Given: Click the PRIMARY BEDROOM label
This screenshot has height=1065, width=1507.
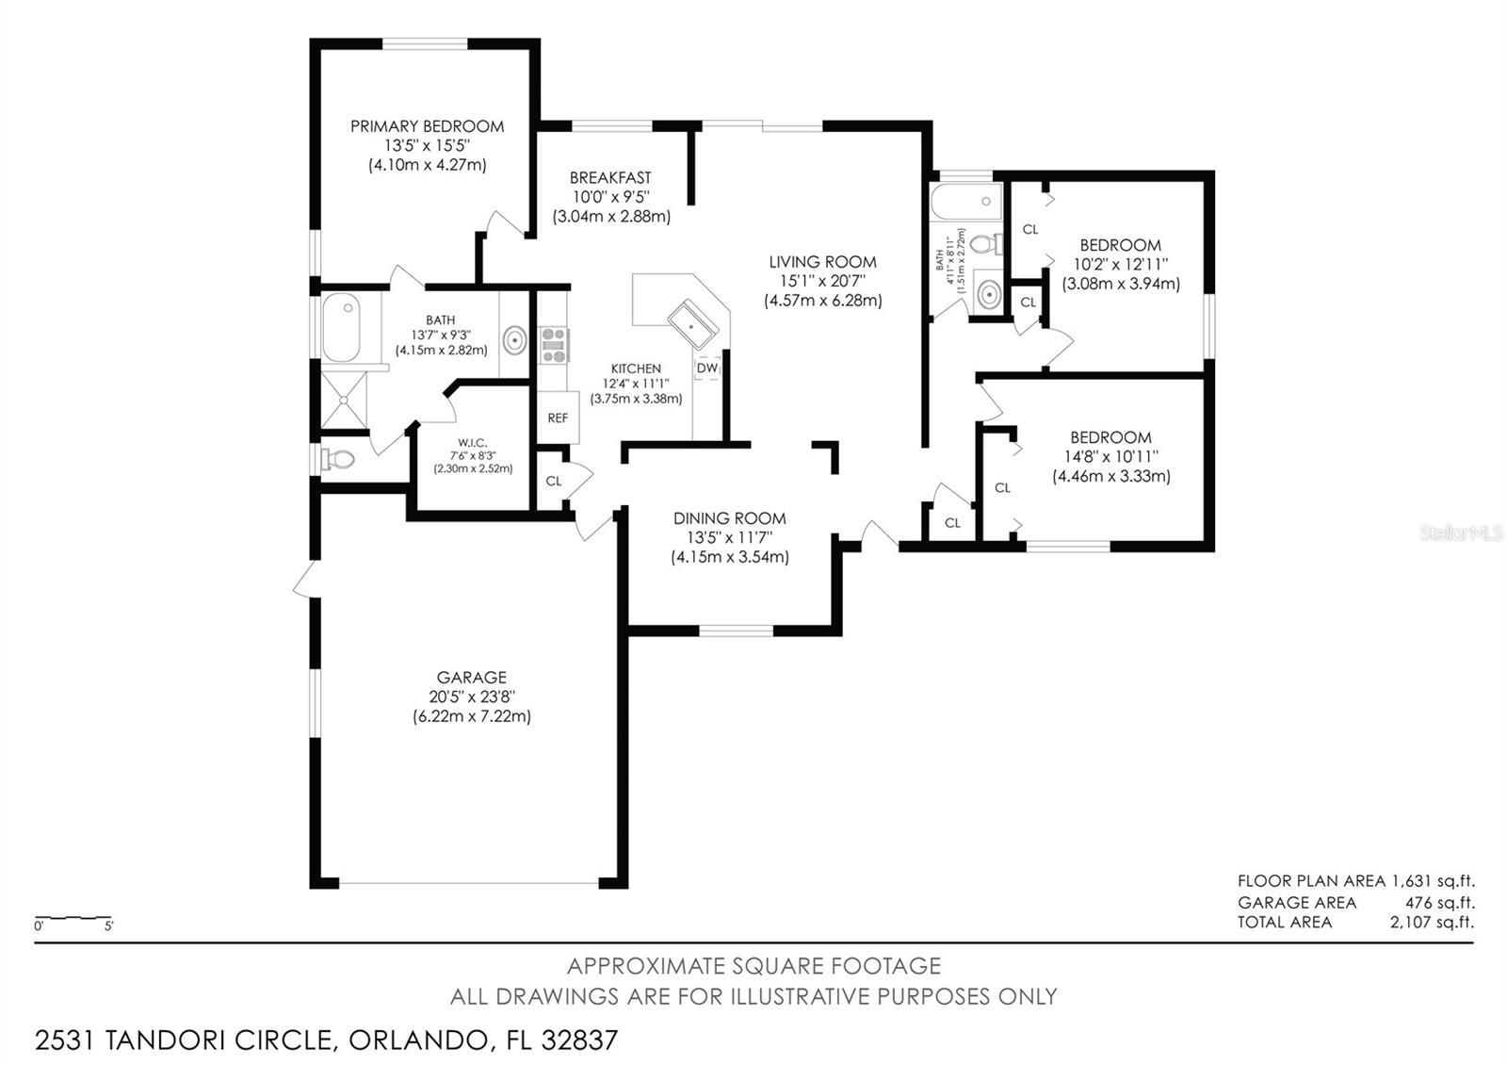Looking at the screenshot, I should coord(427,126).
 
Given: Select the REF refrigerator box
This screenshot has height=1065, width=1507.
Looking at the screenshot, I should coord(558,418).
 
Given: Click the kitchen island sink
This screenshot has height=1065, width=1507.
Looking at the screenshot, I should coord(693,324).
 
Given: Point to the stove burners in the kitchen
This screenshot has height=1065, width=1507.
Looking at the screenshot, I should coord(553,345).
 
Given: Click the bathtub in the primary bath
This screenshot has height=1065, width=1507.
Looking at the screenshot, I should coord(341,328).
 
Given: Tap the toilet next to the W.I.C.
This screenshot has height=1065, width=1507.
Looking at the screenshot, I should coord(337,460).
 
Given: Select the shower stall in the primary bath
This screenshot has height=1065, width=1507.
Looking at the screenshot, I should coord(344,400).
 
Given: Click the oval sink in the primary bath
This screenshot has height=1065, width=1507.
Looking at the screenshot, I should coord(514,340).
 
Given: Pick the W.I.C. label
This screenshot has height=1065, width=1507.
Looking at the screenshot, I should coord(472,443).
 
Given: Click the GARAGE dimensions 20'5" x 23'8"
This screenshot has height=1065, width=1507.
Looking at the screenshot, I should coord(471,697).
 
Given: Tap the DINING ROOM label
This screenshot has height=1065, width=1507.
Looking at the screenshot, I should coord(729,518).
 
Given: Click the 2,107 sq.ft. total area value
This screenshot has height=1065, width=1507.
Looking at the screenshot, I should coord(1432,923).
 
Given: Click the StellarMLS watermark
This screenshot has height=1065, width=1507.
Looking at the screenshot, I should coord(1460,534).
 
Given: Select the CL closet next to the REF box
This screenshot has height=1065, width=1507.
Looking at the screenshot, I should coord(554,482).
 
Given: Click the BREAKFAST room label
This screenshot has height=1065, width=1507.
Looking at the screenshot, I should coord(610,177).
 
